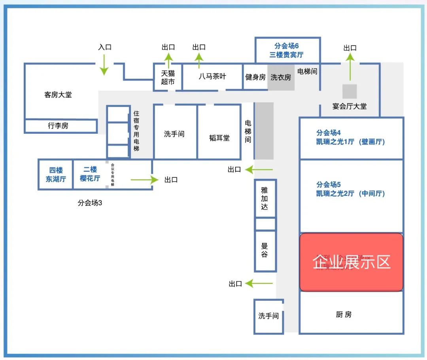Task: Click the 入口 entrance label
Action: point(105,47)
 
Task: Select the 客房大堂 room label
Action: point(58,95)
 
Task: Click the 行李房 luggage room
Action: point(58,126)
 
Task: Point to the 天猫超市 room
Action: point(168,78)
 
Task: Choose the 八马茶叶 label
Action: point(212,76)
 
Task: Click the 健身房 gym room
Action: point(255,77)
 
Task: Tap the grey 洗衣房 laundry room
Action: point(281,77)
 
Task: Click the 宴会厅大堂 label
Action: point(350,106)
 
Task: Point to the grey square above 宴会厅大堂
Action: point(350,91)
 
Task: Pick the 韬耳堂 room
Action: point(219,138)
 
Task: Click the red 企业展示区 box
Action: point(351,262)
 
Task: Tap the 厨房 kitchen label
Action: point(344,315)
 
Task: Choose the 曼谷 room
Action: point(265,250)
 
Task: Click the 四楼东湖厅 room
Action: point(56,174)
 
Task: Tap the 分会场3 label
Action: point(90,203)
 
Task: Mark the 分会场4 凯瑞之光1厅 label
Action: point(350,137)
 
